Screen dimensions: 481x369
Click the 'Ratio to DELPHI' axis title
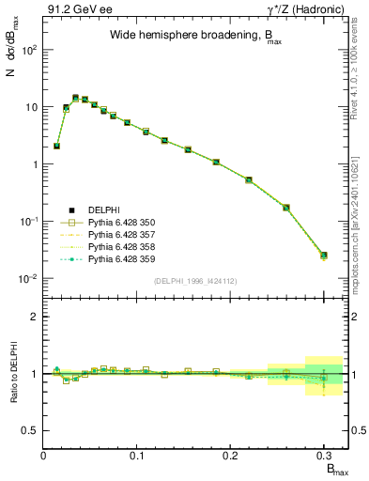click(13, 373)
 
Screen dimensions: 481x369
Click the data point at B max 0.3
click(324, 255)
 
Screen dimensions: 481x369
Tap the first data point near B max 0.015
click(57, 146)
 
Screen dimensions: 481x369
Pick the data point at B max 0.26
click(286, 208)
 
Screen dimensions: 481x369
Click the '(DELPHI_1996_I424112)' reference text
click(196, 279)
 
